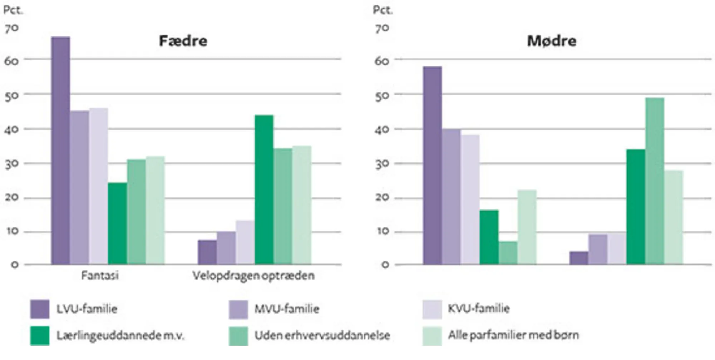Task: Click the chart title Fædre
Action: (x=183, y=41)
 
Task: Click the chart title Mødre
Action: (x=552, y=41)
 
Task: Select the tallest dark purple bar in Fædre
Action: (x=61, y=150)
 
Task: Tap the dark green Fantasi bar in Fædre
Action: (x=117, y=223)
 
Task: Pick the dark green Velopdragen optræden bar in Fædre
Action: (x=264, y=189)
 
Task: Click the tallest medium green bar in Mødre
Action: (x=655, y=181)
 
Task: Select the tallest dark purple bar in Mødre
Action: (x=432, y=165)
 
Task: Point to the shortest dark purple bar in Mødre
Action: (x=579, y=258)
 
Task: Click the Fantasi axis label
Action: (x=100, y=276)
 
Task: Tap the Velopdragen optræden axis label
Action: (x=253, y=276)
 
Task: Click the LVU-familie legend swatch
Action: (x=40, y=309)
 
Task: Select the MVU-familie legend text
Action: (x=287, y=309)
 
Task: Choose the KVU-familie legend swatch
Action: (x=432, y=309)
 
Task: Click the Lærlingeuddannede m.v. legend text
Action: (x=120, y=335)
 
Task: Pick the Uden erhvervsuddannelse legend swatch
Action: (x=238, y=335)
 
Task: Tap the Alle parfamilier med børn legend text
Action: (x=513, y=335)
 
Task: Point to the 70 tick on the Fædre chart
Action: (x=11, y=29)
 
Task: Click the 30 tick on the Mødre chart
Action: (x=382, y=164)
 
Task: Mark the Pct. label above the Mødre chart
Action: (x=383, y=10)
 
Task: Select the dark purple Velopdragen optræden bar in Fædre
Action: (x=207, y=252)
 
